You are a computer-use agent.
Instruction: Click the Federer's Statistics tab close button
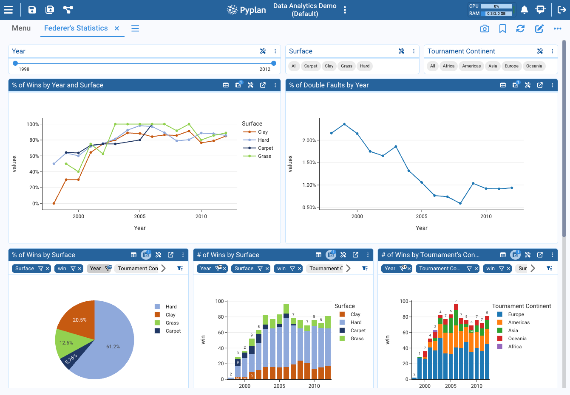pyautogui.click(x=117, y=28)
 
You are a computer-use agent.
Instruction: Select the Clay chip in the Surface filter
pyautogui.click(x=329, y=66)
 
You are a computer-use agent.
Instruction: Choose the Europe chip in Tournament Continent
pyautogui.click(x=511, y=66)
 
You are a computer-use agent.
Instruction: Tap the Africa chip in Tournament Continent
pyautogui.click(x=448, y=66)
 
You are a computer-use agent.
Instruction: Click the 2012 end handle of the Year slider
pyautogui.click(x=274, y=63)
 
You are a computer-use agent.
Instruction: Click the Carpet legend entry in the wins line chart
pyautogui.click(x=265, y=148)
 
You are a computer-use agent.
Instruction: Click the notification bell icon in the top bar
pyautogui.click(x=525, y=10)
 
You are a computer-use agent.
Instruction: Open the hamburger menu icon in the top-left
pyautogui.click(x=8, y=10)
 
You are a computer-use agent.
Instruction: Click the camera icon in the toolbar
pyautogui.click(x=485, y=28)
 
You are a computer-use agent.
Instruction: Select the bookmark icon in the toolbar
pyautogui.click(x=502, y=28)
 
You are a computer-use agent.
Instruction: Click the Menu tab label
pyautogui.click(x=21, y=28)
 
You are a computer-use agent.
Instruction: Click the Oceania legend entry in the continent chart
pyautogui.click(x=517, y=339)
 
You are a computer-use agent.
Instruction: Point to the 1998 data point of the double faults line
pyautogui.click(x=332, y=133)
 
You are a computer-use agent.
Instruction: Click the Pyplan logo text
pyautogui.click(x=252, y=10)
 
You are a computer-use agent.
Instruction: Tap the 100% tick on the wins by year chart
pyautogui.click(x=33, y=124)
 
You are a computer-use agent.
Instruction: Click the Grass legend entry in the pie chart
pyautogui.click(x=172, y=323)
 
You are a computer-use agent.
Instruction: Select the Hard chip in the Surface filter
pyautogui.click(x=365, y=66)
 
